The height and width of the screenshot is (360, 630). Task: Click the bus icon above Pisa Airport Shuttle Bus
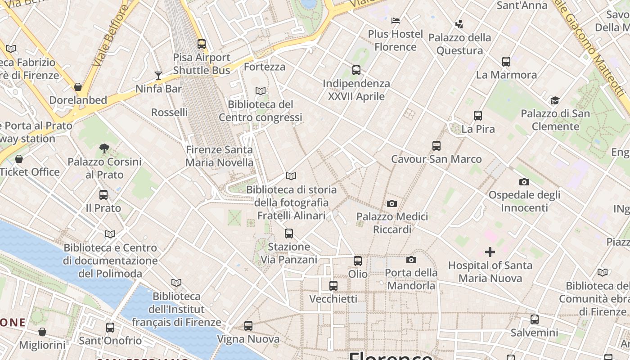(x=202, y=44)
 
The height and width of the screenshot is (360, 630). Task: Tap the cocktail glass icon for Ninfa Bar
(x=158, y=75)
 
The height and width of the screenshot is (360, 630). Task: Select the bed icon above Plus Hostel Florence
(x=396, y=21)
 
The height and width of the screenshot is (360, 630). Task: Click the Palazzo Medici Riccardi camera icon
(x=392, y=203)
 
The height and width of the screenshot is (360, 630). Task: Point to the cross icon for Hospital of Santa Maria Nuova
(x=490, y=252)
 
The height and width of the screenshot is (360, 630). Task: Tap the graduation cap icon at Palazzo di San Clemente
(x=555, y=100)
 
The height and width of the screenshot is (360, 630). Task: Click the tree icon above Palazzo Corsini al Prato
(x=104, y=148)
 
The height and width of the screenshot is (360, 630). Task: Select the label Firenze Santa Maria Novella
(x=220, y=156)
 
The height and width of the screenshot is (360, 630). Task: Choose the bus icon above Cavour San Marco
(x=436, y=146)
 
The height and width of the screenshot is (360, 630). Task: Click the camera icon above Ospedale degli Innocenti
(x=524, y=182)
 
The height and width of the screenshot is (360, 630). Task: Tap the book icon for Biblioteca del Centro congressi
(x=261, y=91)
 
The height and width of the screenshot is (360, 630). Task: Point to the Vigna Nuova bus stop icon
(x=248, y=326)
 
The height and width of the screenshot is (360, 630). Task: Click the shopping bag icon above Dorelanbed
(x=78, y=87)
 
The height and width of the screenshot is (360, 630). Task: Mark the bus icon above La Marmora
(x=506, y=62)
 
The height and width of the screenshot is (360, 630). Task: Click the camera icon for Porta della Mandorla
(x=411, y=260)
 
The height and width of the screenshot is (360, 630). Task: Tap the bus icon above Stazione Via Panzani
(x=289, y=234)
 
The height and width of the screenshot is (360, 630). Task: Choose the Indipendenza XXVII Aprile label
(x=356, y=90)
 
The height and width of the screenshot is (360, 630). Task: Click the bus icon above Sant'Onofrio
(x=110, y=328)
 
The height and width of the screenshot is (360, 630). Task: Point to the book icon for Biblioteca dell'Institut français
(x=176, y=283)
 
